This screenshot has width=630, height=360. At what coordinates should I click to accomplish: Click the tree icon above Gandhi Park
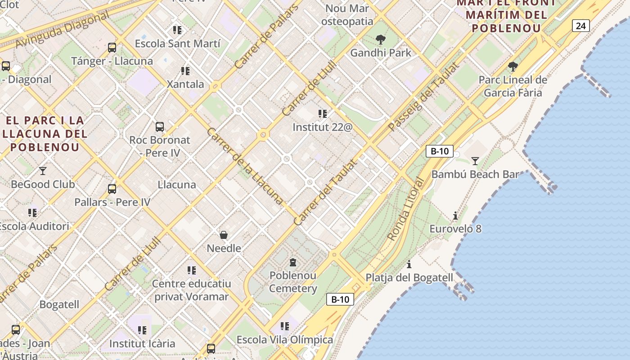point(381,40)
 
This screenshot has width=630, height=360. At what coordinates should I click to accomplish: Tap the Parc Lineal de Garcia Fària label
point(513,86)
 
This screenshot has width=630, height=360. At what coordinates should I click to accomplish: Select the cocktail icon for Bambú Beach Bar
point(475,161)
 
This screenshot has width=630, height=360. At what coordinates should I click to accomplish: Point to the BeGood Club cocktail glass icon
point(43,171)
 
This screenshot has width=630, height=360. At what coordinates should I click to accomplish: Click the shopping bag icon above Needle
point(224,234)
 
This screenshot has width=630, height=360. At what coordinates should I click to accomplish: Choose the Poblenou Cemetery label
point(293,282)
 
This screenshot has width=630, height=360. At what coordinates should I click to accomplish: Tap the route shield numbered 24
point(580,26)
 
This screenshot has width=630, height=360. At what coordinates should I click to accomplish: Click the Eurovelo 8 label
point(455,229)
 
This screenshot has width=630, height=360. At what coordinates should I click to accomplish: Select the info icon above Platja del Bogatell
point(409,264)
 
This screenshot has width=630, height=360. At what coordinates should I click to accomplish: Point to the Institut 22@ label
point(322,127)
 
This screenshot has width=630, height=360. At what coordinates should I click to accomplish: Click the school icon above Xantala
point(185,71)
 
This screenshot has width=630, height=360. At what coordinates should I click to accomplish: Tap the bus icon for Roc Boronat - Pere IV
point(160,126)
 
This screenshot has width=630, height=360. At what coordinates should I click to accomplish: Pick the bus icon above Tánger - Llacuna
point(112,47)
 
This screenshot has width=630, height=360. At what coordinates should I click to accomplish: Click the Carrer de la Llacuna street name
point(245,165)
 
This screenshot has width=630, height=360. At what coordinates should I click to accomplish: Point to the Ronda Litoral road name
point(405,209)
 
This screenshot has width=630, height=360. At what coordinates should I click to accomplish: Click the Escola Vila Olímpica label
point(284,340)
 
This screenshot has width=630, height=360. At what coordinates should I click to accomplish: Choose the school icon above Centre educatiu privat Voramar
point(192,270)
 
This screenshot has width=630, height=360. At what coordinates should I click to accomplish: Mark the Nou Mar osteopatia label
point(347,15)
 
